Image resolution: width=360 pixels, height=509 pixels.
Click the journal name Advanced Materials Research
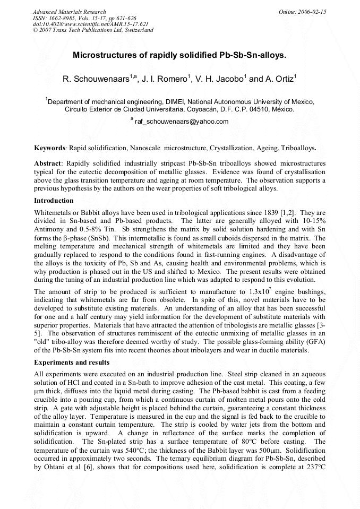click(69, 12)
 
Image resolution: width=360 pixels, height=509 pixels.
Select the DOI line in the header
click(91, 24)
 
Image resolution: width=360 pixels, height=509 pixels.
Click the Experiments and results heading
click(71, 363)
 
